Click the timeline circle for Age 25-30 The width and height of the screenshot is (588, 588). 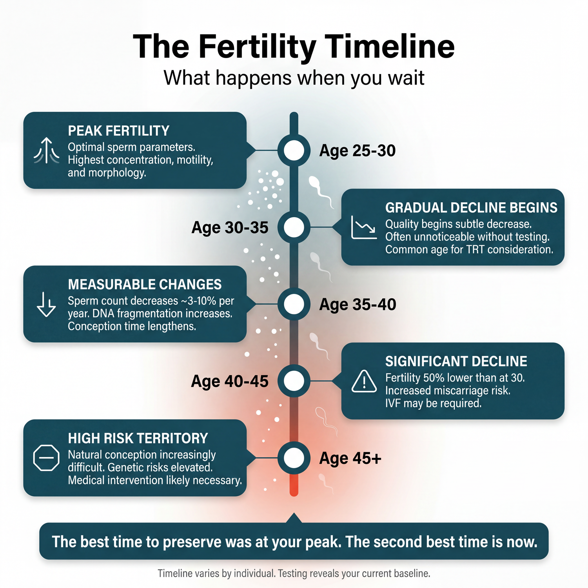click(x=294, y=150)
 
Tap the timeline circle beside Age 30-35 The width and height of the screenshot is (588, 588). click(x=294, y=227)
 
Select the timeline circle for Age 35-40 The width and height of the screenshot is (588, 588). click(x=294, y=304)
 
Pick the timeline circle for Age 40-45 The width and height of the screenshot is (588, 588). click(x=294, y=381)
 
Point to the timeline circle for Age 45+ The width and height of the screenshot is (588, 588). click(x=294, y=457)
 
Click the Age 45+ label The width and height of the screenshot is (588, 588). click(x=350, y=458)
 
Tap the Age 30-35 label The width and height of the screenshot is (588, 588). click(x=230, y=228)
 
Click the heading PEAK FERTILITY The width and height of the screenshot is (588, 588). click(x=118, y=131)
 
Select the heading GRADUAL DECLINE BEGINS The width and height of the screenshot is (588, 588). click(x=471, y=207)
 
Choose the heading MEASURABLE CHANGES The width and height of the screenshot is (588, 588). click(x=145, y=284)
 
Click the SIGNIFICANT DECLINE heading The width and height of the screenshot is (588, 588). click(x=456, y=361)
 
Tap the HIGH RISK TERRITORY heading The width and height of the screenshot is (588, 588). click(x=138, y=438)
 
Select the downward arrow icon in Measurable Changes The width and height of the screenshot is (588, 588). click(x=46, y=304)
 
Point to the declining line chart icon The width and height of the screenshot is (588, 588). click(x=364, y=227)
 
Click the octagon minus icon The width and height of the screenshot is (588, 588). click(x=46, y=457)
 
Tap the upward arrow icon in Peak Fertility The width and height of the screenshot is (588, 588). click(x=47, y=151)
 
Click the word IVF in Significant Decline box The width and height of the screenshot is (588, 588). click(x=393, y=403)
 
